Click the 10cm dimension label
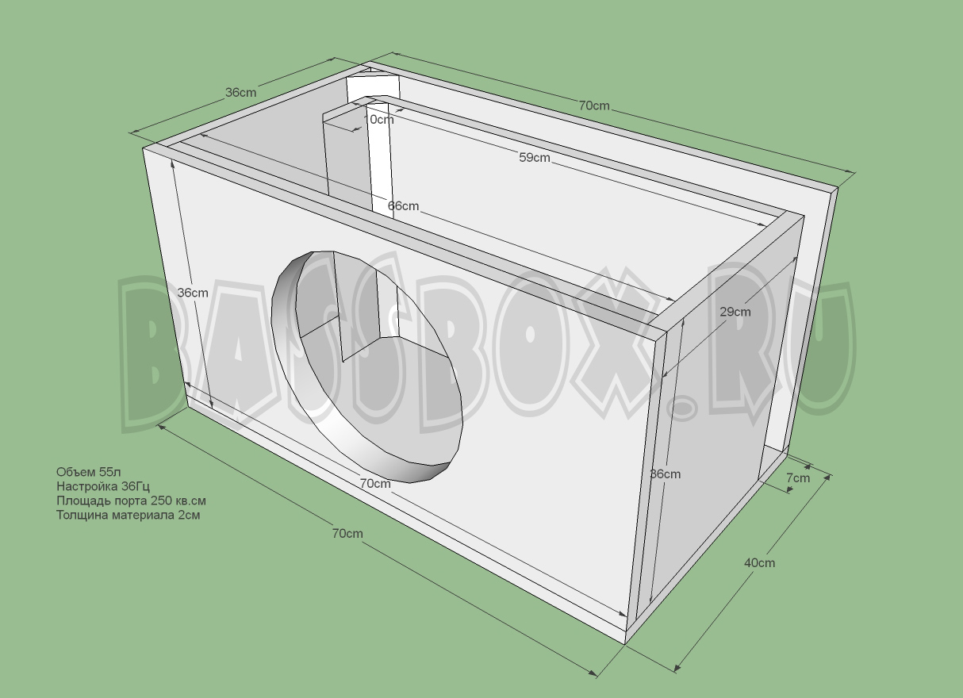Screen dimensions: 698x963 tap(379, 120)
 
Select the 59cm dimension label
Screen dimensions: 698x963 tap(534, 158)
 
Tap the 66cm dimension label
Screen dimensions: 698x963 tap(403, 206)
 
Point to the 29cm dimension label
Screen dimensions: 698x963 tap(735, 312)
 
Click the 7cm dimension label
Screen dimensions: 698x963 tap(798, 477)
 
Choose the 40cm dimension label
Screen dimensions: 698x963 tap(759, 562)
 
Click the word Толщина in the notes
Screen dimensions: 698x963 tap(79, 515)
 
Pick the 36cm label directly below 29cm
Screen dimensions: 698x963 tap(665, 474)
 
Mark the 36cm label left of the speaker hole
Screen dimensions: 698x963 tap(192, 293)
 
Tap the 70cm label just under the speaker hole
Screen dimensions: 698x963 tap(375, 483)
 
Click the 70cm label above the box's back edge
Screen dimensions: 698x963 tap(593, 105)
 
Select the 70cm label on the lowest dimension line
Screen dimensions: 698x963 tap(347, 534)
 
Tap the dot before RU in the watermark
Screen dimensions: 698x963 tap(681, 407)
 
